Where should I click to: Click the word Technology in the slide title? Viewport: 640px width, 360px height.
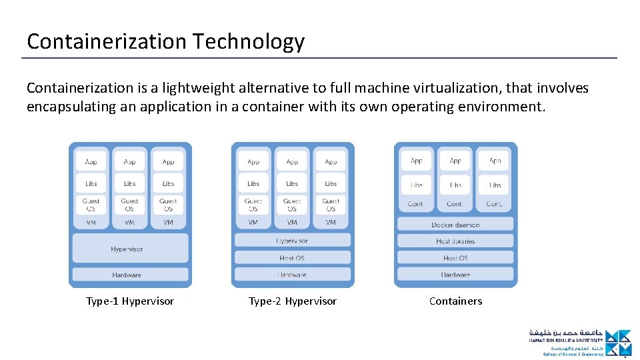click(249, 41)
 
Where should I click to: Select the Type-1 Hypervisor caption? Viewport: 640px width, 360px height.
click(130, 301)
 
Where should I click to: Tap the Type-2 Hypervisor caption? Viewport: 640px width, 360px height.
click(293, 301)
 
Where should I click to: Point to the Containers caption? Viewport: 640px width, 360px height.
click(455, 301)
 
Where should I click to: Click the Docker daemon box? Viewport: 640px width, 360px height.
click(455, 225)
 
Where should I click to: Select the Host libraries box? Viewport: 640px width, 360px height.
click(455, 241)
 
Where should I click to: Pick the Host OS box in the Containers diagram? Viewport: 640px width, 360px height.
click(455, 257)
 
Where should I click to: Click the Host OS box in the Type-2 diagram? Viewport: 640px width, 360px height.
click(292, 257)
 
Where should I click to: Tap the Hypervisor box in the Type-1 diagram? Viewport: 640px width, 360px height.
click(130, 249)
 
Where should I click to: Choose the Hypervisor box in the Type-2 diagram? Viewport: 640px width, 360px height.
click(292, 241)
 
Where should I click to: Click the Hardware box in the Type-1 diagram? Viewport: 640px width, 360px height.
click(130, 274)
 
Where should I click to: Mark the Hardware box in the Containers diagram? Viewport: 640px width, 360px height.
click(455, 274)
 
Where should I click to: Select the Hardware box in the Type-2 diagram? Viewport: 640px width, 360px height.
click(292, 274)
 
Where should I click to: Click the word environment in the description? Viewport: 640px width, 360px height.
click(507, 107)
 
